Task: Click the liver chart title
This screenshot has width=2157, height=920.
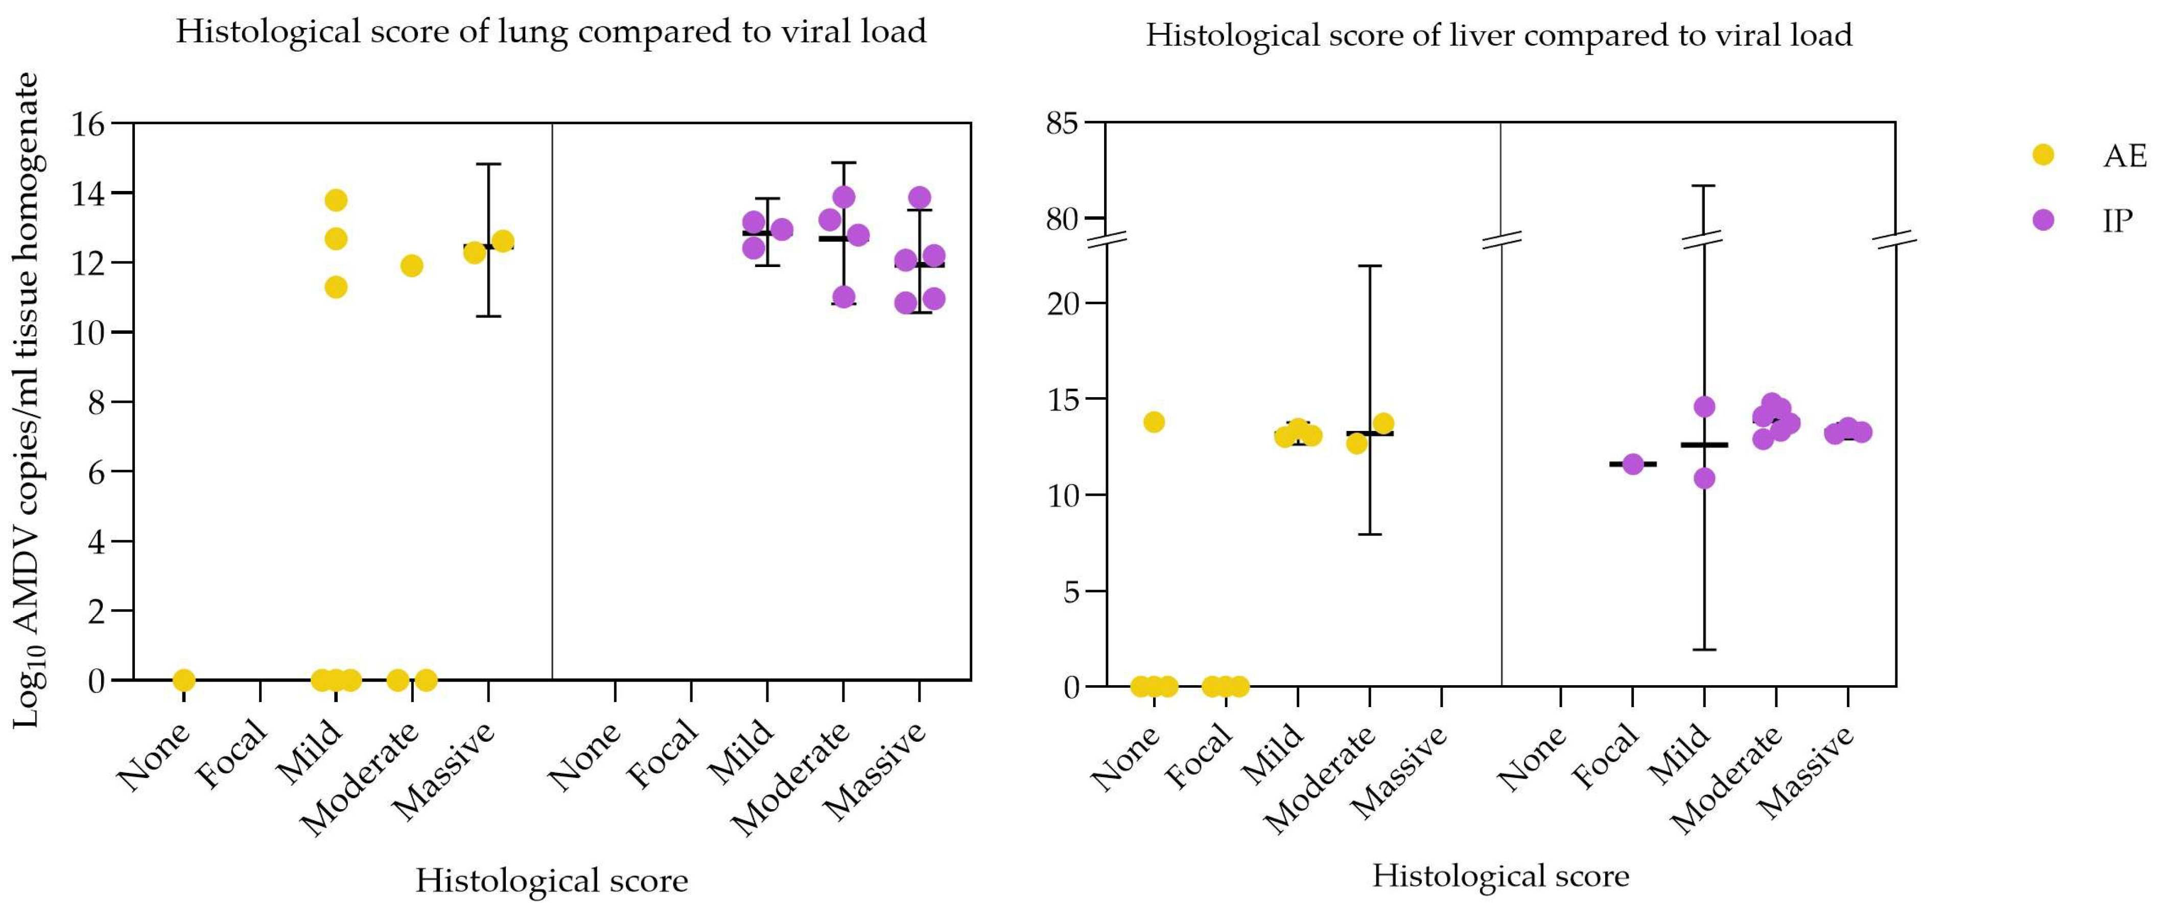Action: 1499,35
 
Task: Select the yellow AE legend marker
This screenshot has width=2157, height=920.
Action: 2043,155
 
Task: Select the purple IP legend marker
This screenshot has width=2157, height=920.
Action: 2043,220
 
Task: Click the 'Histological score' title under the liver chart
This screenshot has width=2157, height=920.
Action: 1500,876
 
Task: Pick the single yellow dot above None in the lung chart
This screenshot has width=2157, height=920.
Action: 184,680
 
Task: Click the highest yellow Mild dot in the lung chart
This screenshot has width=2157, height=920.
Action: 336,200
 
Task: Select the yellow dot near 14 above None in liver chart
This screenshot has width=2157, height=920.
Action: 1154,422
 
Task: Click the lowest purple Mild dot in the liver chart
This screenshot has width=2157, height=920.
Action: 1704,478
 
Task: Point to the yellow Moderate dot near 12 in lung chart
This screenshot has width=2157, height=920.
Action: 411,266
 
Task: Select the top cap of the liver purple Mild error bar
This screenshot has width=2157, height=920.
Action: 1704,185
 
